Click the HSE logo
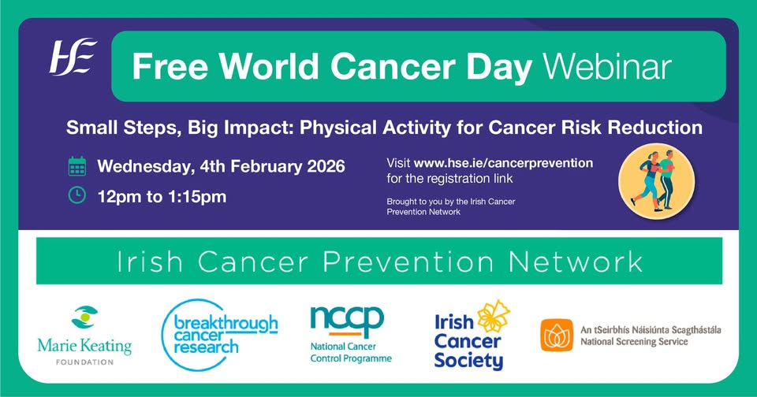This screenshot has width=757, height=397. coord(73,57)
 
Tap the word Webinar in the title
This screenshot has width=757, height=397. coord(607,67)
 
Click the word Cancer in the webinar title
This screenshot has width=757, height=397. coord(393,67)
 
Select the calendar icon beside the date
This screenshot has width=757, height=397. coord(77,166)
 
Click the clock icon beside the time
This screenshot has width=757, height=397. coord(77,195)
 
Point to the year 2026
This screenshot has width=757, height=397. coord(326,166)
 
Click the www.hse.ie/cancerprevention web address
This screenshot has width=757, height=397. coord(504,163)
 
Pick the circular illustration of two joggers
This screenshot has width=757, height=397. coord(657,182)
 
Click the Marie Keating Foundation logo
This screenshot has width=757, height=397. coord(84,336)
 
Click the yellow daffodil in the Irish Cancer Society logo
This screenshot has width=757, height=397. coord(494,316)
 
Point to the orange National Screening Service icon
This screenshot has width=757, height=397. coord(557,336)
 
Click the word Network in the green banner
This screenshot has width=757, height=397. coord(575,262)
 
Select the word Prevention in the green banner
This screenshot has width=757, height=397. coord(408,262)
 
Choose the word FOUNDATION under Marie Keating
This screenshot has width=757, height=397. coord(84,362)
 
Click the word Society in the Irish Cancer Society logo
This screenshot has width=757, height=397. coord(468,362)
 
